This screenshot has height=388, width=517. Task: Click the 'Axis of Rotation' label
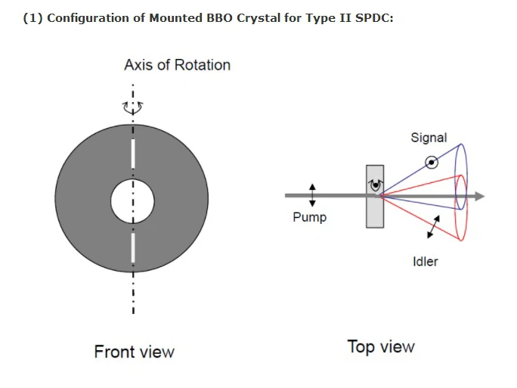(177, 65)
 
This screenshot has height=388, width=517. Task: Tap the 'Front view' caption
(134, 352)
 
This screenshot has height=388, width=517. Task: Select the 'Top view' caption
(381, 347)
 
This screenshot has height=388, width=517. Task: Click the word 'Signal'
(429, 138)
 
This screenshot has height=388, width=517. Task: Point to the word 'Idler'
(426, 262)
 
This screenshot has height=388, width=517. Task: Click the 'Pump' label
(310, 218)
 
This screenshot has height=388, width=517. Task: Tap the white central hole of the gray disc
(133, 202)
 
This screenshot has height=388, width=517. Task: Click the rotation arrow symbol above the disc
(133, 107)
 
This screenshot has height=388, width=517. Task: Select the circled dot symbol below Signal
(432, 161)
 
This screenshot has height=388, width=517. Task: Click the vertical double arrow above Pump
(312, 194)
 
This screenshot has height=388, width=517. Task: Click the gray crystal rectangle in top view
(374, 212)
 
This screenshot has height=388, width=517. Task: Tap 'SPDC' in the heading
(375, 18)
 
